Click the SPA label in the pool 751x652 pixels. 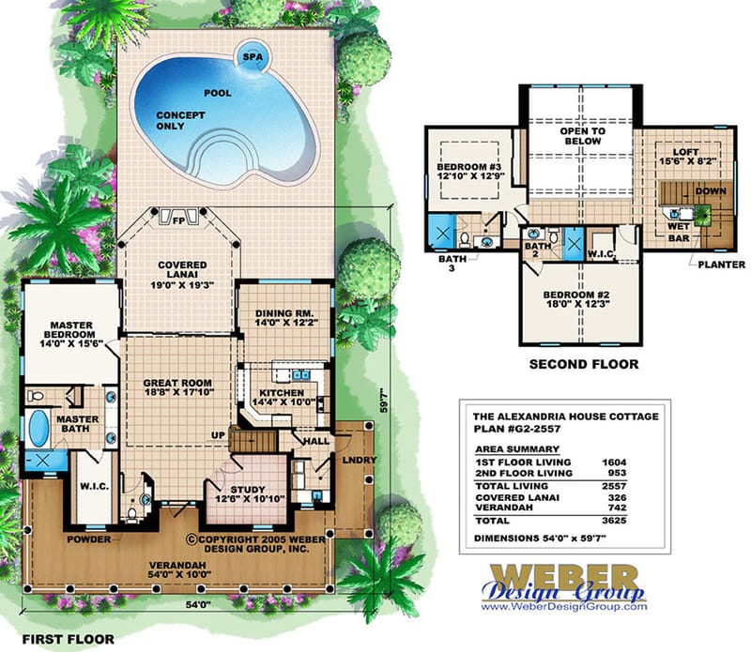click(x=253, y=55)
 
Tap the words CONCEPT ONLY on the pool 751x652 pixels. click(x=176, y=120)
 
